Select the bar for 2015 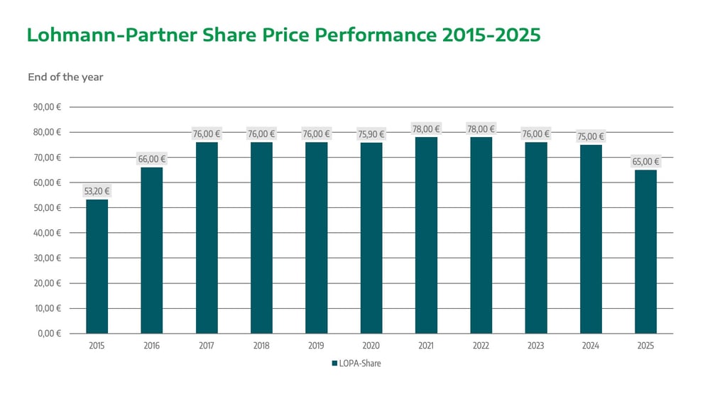97,266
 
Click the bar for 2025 645,251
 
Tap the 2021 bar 426,235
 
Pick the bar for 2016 152,250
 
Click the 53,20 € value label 97,191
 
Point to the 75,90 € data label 371,134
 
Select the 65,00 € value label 645,161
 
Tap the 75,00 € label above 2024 591,136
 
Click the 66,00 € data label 152,159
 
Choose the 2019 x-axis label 316,346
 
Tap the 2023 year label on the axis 535,346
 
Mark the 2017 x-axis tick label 207,346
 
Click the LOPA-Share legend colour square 334,364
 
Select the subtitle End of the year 65,77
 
